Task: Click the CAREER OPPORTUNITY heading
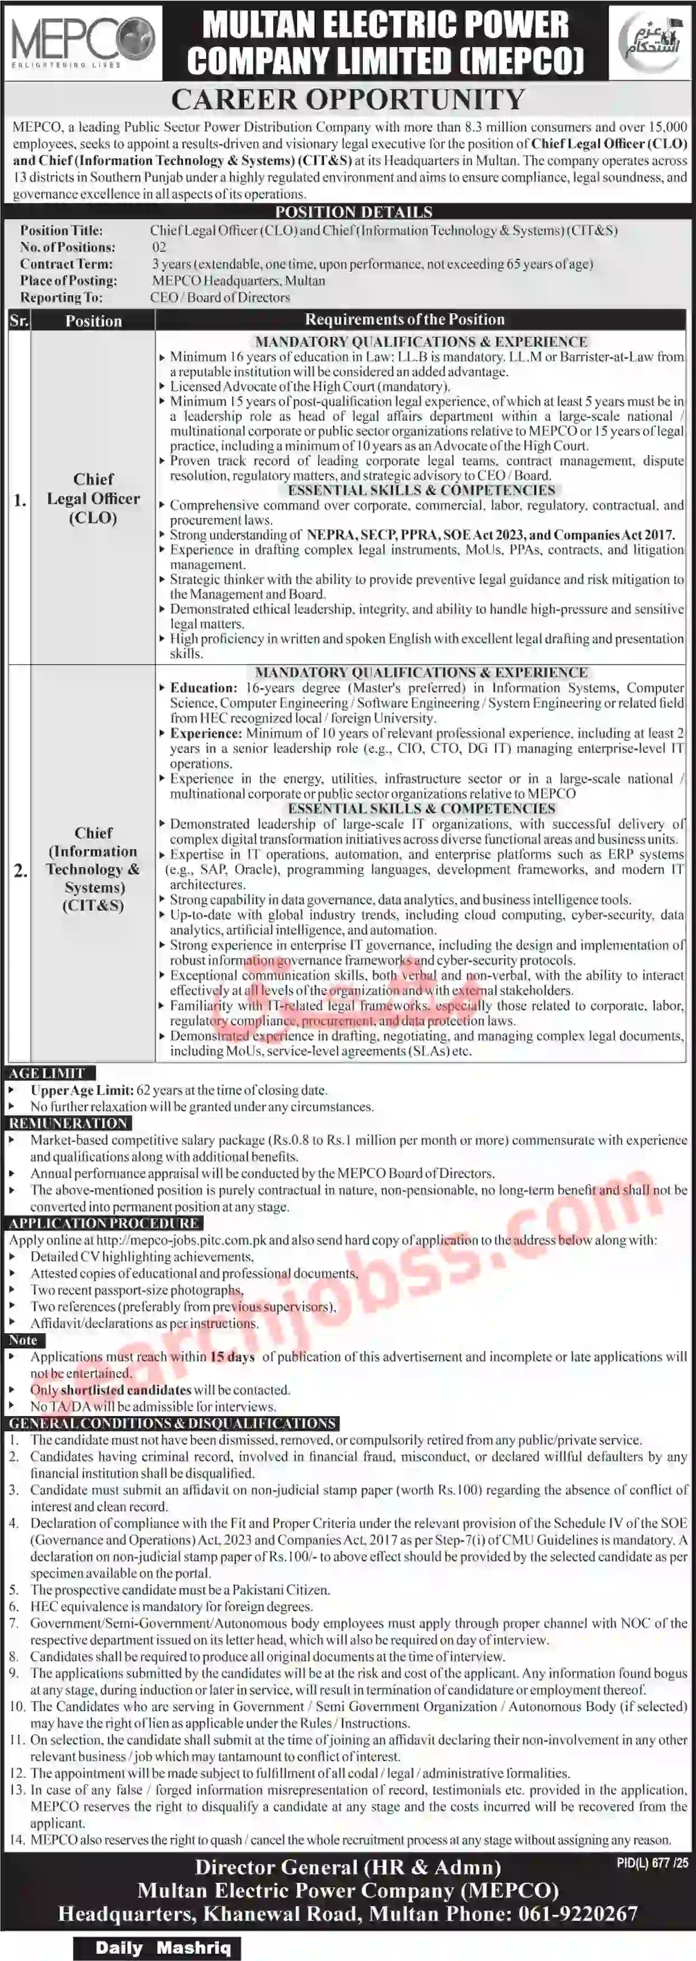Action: (x=348, y=100)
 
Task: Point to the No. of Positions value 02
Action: (x=158, y=246)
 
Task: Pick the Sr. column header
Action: (x=19, y=320)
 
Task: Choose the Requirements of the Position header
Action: (x=405, y=320)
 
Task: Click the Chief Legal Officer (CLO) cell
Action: (x=94, y=499)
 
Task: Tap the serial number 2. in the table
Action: (x=20, y=869)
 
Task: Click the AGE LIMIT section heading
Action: (x=47, y=1073)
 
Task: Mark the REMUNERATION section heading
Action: (x=68, y=1123)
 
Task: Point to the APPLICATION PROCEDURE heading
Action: (x=104, y=1223)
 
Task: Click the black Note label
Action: (x=24, y=1340)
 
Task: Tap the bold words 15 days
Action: (x=232, y=1357)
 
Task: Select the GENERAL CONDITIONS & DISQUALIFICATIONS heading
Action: (x=172, y=1423)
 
